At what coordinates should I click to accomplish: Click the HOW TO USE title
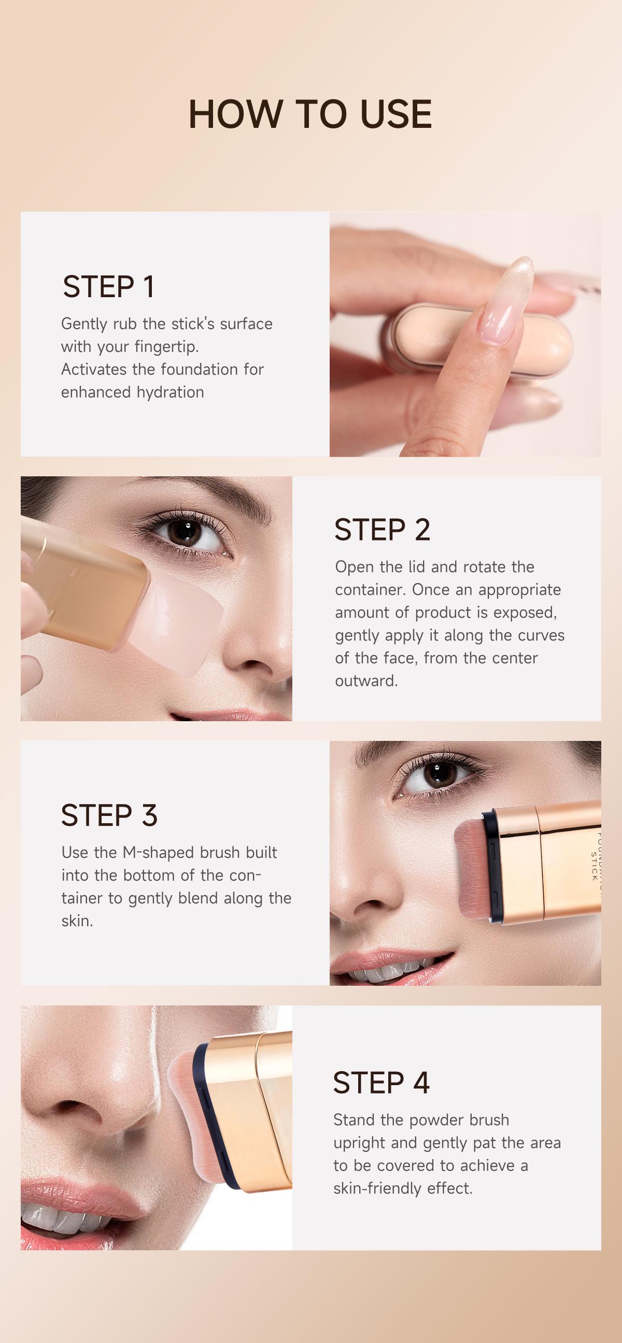pyautogui.click(x=310, y=114)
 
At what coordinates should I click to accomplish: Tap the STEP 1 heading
pyautogui.click(x=108, y=287)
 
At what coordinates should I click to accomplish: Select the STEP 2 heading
pyautogui.click(x=382, y=530)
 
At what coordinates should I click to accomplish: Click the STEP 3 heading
pyautogui.click(x=109, y=815)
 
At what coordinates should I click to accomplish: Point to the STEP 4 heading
pyautogui.click(x=381, y=1083)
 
